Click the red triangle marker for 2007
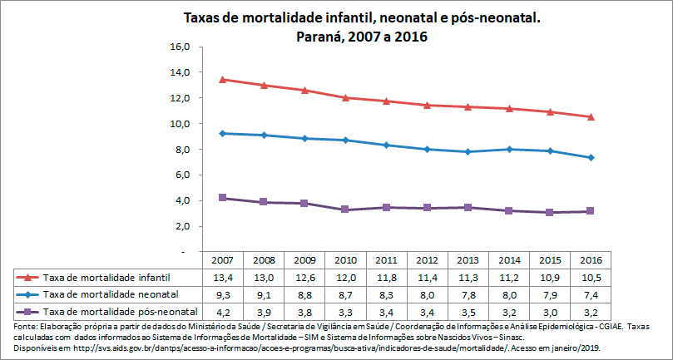(x=222, y=80)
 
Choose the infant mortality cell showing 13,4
(x=222, y=277)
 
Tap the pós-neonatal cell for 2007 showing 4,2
(x=222, y=312)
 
